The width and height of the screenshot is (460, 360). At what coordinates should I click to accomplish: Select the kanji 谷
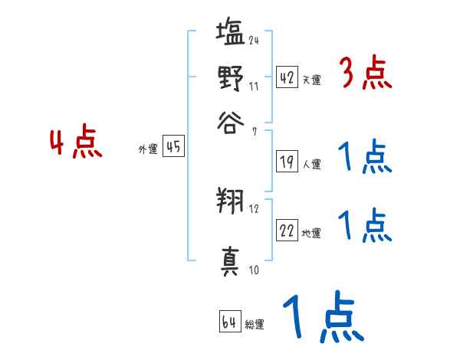230,122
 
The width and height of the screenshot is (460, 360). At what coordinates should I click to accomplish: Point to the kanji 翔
230,203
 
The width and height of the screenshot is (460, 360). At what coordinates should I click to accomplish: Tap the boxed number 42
287,78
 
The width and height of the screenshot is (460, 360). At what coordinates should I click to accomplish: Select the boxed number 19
287,162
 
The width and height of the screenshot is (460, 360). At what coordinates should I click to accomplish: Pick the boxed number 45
173,147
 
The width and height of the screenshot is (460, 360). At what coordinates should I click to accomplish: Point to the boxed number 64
229,322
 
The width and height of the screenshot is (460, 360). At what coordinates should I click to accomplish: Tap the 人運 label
312,164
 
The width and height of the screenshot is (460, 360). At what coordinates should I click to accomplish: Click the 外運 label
148,149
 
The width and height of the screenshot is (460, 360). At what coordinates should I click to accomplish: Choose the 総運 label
255,325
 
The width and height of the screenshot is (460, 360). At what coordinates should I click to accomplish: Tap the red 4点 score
76,145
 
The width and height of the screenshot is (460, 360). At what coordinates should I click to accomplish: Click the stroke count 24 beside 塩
254,40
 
